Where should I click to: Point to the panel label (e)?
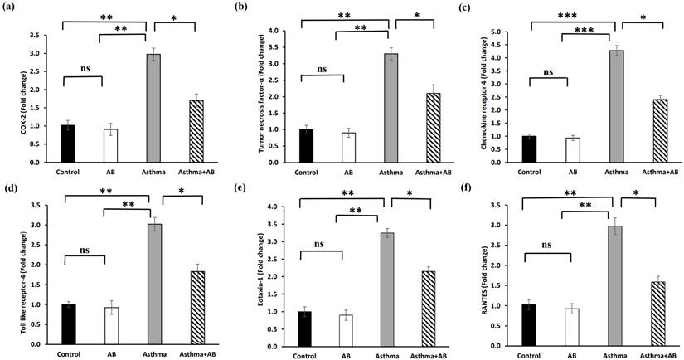pyautogui.click(x=241, y=187)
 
